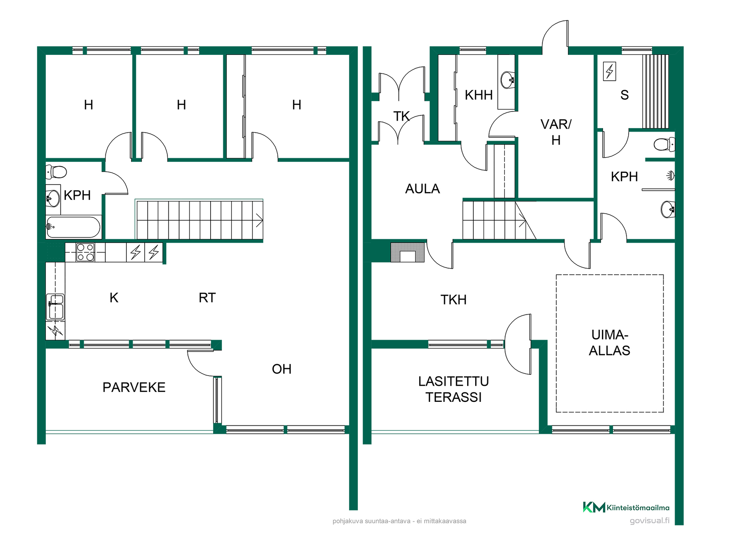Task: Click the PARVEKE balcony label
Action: (x=134, y=387)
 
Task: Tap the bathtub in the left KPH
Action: (x=73, y=227)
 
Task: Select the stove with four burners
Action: (x=85, y=252)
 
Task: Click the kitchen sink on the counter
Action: (x=55, y=307)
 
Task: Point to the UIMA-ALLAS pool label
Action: (x=610, y=342)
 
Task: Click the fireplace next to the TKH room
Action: (x=407, y=252)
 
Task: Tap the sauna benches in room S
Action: (x=656, y=91)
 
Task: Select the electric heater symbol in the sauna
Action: (x=610, y=71)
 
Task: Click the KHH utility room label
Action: (x=479, y=95)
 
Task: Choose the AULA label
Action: (x=423, y=189)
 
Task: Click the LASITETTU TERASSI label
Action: (x=453, y=389)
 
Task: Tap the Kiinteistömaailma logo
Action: (x=626, y=507)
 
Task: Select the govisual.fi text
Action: (x=650, y=521)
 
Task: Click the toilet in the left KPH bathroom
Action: (x=56, y=172)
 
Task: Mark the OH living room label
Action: (x=282, y=369)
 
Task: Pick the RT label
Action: (x=207, y=298)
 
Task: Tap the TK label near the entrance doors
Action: (x=401, y=116)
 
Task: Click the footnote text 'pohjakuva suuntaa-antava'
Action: (x=371, y=521)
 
